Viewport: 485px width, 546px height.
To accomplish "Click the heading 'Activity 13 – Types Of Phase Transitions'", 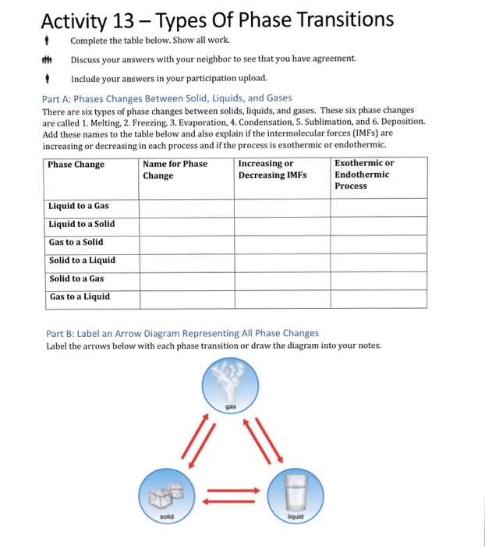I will click(x=217, y=19).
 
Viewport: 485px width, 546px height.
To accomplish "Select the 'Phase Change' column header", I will click(x=76, y=165).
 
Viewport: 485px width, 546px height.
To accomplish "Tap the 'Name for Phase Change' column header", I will click(x=175, y=169).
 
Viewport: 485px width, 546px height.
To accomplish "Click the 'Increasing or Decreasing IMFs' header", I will click(x=272, y=169).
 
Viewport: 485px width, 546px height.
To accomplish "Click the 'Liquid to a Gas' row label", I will click(x=79, y=206).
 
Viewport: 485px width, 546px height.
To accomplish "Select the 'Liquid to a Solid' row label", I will click(x=81, y=224).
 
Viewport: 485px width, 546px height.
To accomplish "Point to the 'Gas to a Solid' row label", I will click(x=76, y=242).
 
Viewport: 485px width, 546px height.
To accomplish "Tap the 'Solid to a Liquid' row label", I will click(x=82, y=261).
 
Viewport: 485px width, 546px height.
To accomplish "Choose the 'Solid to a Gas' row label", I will click(x=76, y=278).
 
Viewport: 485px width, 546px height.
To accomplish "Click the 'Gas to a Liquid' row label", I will click(x=80, y=296).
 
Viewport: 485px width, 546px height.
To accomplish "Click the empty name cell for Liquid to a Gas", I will click(x=186, y=207).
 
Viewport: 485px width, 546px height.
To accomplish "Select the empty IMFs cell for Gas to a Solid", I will click(x=281, y=243).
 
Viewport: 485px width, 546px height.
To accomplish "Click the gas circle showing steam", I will click(x=230, y=386).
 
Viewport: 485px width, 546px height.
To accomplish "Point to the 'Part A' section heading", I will click(x=166, y=97).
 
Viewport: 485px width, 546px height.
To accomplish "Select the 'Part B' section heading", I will click(x=182, y=333).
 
